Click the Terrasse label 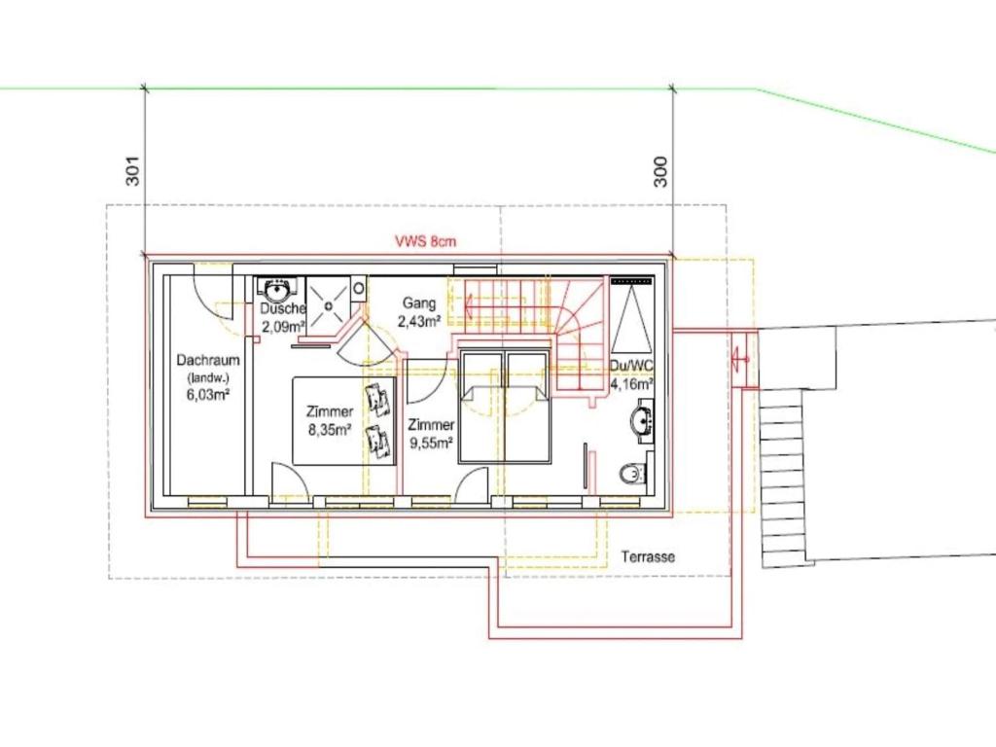click(x=648, y=557)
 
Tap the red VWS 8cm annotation click(x=426, y=241)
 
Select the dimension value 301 click(x=132, y=170)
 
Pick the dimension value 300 click(x=660, y=171)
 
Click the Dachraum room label click(x=208, y=360)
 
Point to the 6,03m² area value click(x=208, y=394)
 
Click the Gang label click(x=418, y=303)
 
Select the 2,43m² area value click(x=419, y=322)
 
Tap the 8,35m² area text click(x=330, y=431)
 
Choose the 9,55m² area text click(x=431, y=444)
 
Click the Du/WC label click(x=630, y=366)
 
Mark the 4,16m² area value click(x=632, y=384)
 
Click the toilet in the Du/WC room click(x=633, y=473)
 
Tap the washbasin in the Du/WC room click(x=643, y=420)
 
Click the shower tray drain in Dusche click(x=329, y=304)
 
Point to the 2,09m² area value click(x=283, y=327)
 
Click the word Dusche click(x=283, y=308)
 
